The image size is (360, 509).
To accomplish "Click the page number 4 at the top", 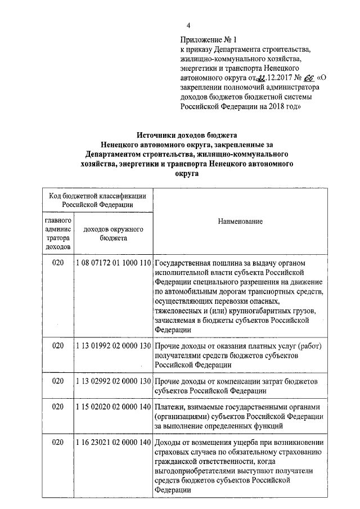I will click(x=188, y=25).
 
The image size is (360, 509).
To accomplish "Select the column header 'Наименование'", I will click(x=240, y=222).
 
